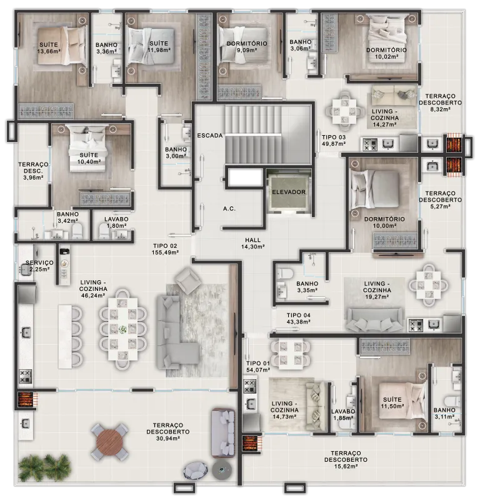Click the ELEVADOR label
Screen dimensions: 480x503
(289, 192)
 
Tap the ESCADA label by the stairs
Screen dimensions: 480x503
(210, 136)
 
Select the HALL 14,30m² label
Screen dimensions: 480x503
(253, 243)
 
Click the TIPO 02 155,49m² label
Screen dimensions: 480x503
(165, 249)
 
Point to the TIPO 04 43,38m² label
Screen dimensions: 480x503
(298, 318)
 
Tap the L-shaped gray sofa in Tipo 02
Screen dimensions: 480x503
(178, 332)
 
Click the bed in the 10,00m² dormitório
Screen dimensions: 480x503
(375, 191)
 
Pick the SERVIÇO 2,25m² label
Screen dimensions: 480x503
(39, 266)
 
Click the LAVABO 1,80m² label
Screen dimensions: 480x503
(116, 222)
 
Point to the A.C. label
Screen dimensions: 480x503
(229, 209)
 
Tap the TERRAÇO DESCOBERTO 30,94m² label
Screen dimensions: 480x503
(168, 432)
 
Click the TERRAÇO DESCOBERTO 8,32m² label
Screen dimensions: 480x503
(440, 103)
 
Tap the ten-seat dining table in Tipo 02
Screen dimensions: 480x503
(122, 329)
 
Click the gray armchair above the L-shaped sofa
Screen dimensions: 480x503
(188, 280)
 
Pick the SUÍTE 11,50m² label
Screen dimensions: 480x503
(392, 403)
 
